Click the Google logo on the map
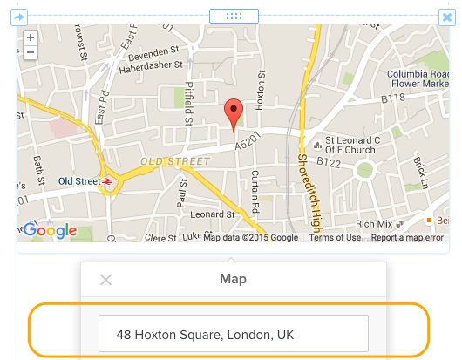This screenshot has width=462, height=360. pos(50,231)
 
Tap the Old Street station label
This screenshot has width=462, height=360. pos(78,181)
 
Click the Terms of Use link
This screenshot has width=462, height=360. pos(335,237)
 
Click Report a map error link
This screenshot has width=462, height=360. pos(407,237)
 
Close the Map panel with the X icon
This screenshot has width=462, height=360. pos(105,280)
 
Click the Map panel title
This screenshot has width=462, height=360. pos(233,280)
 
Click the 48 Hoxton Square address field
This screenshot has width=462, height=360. pos(233,334)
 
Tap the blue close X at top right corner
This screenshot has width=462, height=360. pos(446,17)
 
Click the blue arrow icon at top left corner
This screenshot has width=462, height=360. pos(20,17)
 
